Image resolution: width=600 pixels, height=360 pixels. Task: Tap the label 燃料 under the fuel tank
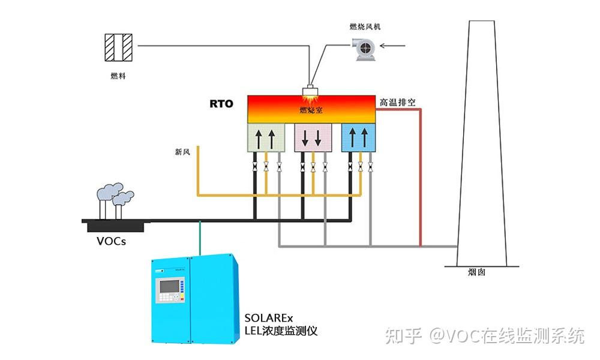point(118,76)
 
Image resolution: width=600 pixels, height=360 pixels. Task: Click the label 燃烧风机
point(365,26)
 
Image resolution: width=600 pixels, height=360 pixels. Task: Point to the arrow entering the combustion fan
point(395,45)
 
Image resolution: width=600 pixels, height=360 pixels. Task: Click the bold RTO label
point(221,103)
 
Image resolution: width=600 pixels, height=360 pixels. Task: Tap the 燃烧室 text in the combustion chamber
point(311,110)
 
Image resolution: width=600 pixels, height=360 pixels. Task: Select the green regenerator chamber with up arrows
point(265,137)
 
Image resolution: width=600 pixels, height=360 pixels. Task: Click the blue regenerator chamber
point(358,137)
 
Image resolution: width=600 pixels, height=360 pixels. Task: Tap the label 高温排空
point(397,103)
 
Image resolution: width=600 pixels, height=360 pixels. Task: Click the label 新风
point(182,152)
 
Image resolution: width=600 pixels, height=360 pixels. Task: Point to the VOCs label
point(112,242)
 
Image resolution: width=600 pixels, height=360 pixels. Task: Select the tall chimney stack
point(481,144)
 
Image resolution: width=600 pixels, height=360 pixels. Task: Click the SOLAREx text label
point(265,317)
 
